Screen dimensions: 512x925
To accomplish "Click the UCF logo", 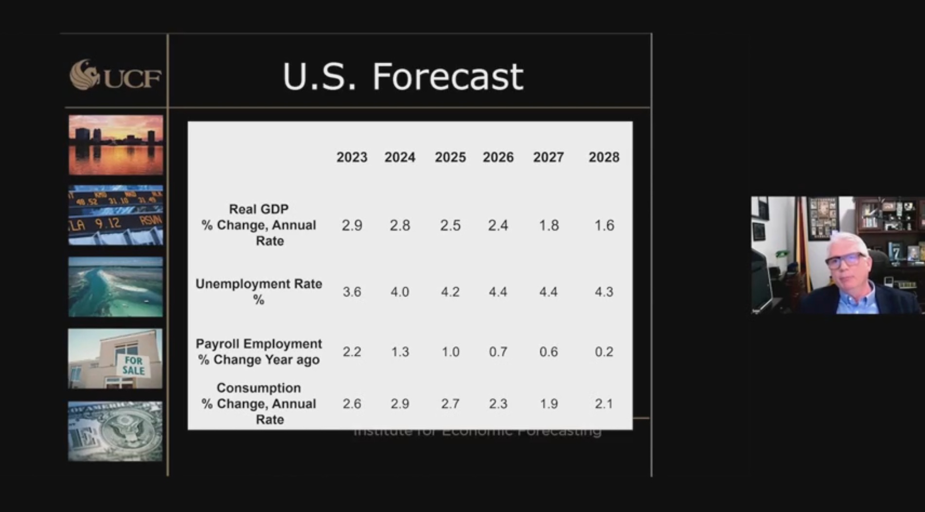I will coord(115,75).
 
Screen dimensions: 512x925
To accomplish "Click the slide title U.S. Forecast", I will coord(403,76).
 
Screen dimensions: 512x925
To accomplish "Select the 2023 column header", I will coord(352,157).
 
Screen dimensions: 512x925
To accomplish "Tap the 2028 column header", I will coord(604,157).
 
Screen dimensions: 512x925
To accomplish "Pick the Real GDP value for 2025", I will coord(450,225).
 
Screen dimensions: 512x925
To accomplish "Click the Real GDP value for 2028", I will coord(604,225).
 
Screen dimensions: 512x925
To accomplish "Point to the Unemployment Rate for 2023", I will coord(352,292).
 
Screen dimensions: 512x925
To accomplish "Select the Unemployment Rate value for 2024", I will coord(400,292).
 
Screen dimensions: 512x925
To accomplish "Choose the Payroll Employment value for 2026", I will coord(498,351).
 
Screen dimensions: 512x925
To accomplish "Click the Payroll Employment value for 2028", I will coord(604,351).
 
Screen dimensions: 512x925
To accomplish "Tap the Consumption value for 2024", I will coord(400,403).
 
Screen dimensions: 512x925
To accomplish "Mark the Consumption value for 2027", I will coord(549,403).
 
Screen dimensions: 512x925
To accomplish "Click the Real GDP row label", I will coord(259,225).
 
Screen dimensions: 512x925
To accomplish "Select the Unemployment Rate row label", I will coord(259,291).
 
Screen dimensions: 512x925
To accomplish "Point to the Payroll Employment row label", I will coord(259,351).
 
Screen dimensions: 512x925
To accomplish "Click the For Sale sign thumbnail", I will coord(116,359).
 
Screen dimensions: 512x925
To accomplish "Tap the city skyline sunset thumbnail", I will coord(116,145).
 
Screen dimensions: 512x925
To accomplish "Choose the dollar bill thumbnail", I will coord(116,431).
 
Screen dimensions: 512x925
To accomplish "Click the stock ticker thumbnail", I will coord(116,215).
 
